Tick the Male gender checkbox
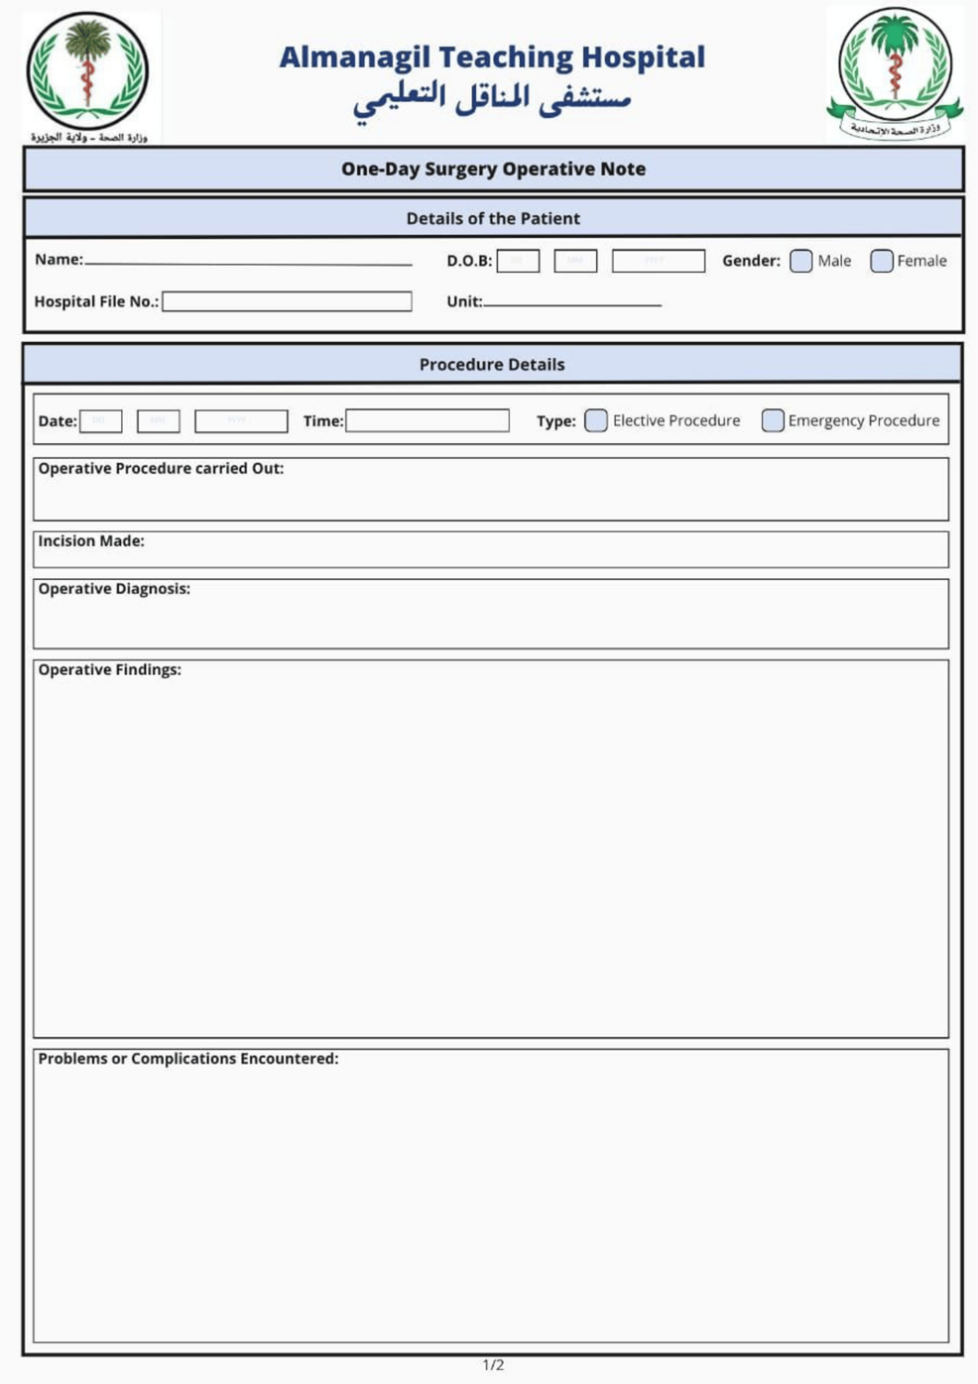point(801,261)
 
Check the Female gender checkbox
point(881,261)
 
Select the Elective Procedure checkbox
point(596,420)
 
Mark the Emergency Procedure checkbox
point(773,420)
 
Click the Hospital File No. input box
point(287,301)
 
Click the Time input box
point(428,420)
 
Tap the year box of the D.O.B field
point(659,261)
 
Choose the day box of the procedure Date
point(100,421)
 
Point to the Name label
point(59,260)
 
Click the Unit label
point(464,301)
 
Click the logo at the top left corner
point(88,73)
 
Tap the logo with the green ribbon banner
point(895,73)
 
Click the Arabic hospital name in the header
point(492,100)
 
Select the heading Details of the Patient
point(493,218)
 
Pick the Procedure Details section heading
point(492,365)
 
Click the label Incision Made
point(91,541)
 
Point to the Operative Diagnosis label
point(114,589)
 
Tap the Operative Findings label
point(110,670)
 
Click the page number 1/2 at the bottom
point(493,1365)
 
